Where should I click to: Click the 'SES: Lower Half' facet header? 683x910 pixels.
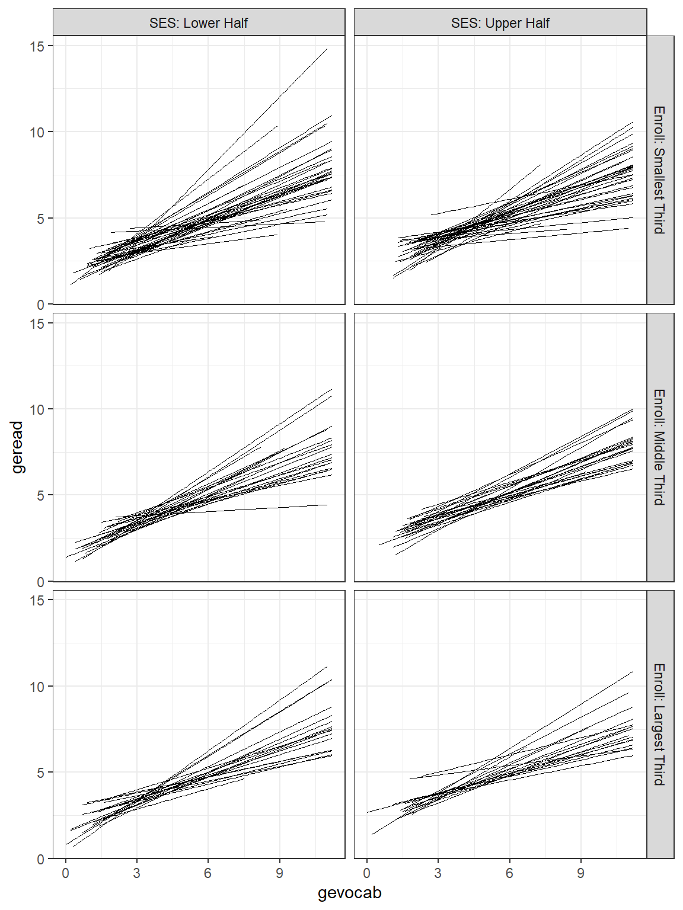[199, 23]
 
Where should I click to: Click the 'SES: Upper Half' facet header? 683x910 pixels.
[500, 23]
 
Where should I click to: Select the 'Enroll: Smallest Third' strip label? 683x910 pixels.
[659, 170]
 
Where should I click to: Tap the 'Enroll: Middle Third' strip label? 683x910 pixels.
[659, 447]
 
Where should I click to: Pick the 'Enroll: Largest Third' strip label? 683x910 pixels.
[659, 724]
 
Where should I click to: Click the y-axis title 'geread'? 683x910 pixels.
[17, 447]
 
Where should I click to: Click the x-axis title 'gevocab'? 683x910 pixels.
[349, 893]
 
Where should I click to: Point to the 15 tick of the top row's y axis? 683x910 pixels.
[37, 46]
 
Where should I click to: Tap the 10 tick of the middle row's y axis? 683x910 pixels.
[37, 409]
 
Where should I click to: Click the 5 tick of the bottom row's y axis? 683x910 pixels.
[40, 773]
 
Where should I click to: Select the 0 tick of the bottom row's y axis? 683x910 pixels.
[40, 859]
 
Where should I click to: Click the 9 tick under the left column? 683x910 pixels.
[279, 873]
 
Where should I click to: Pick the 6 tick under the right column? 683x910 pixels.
[509, 873]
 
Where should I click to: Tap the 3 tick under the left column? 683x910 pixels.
[136, 873]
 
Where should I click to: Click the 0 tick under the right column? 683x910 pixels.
[367, 873]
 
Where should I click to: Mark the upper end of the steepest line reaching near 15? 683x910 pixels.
[327, 49]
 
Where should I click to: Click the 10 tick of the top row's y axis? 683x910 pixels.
[37, 132]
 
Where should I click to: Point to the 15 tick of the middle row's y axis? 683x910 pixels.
[37, 323]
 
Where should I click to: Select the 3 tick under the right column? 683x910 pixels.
[438, 873]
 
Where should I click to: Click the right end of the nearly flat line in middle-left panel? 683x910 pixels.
[327, 505]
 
